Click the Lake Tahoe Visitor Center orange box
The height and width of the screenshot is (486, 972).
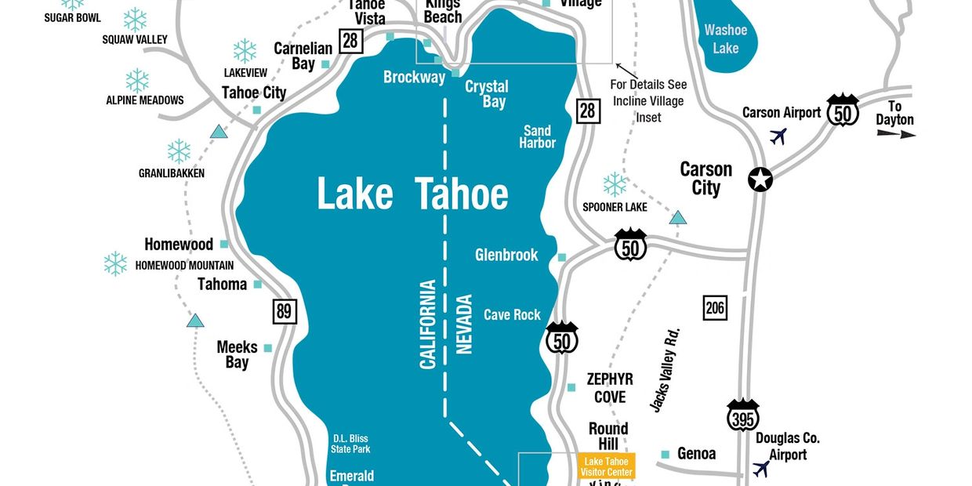606,466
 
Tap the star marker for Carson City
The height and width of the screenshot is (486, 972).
760,180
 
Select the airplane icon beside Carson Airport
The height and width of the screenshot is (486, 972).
778,136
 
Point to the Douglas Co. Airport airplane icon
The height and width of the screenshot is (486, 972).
760,469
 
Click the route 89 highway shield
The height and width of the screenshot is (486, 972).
285,311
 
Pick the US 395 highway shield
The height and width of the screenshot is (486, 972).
742,416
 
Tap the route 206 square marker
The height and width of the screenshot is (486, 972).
715,307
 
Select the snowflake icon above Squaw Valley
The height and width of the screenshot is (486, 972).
136,20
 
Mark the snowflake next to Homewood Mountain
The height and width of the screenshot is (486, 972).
115,263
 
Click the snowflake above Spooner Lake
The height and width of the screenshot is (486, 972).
615,184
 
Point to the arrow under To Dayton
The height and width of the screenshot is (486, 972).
896,134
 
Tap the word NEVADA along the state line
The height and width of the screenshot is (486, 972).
465,324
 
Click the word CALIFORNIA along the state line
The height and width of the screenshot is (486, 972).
428,324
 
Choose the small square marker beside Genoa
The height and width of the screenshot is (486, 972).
665,455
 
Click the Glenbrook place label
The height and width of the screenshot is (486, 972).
506,255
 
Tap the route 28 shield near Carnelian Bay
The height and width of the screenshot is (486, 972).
351,40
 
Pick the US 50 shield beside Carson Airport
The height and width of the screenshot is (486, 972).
843,111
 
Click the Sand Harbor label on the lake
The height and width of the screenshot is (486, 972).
537,137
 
